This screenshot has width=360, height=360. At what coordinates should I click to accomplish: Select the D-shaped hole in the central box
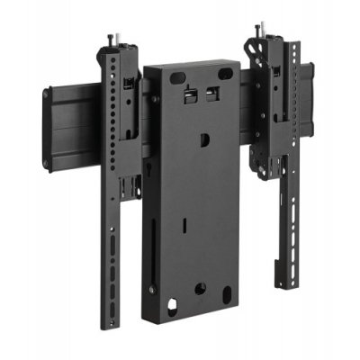(x=204, y=138)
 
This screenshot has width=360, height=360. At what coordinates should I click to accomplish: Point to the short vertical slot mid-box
(x=182, y=220)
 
